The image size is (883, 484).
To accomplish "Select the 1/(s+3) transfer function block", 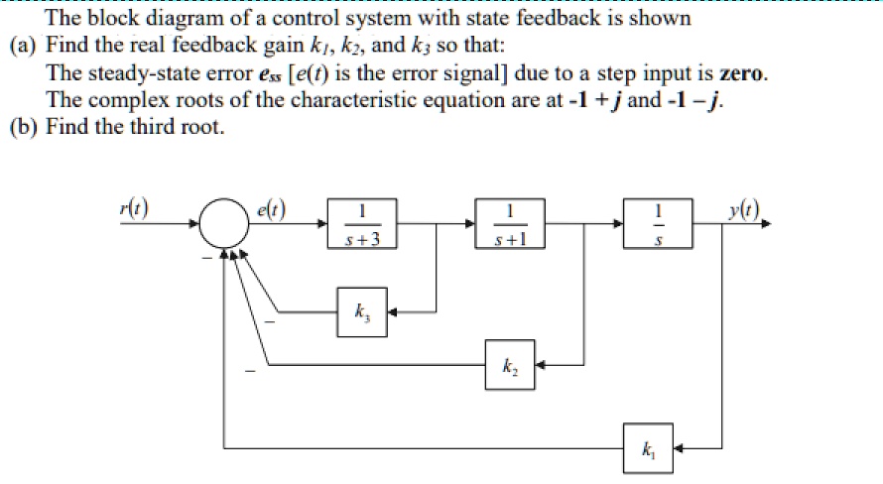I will click(363, 224).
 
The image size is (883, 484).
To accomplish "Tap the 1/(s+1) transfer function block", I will click(510, 224).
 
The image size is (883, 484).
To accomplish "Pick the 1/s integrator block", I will click(651, 224).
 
